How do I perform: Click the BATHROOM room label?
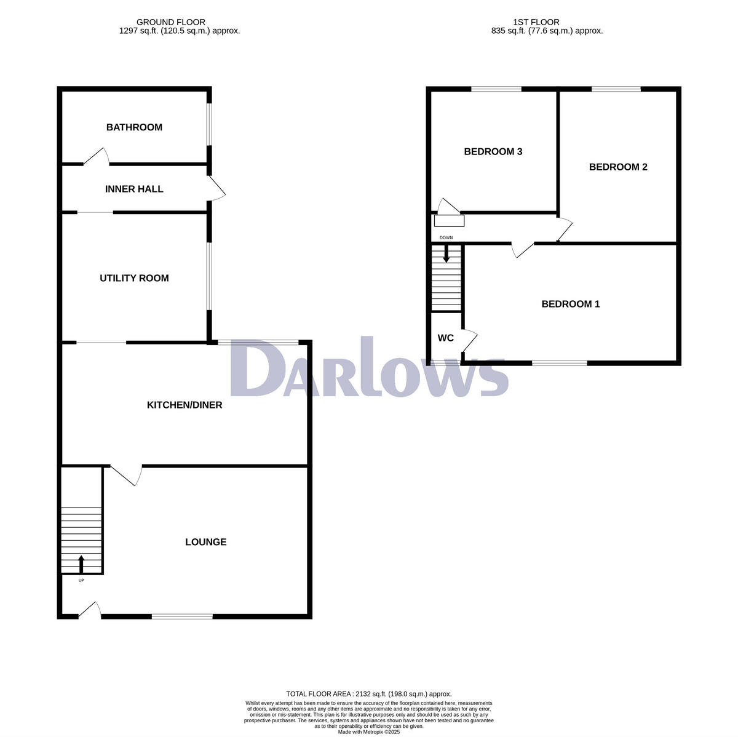click(134, 127)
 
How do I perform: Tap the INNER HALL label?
click(134, 189)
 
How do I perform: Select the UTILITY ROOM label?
click(134, 278)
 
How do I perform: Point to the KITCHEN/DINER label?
click(184, 405)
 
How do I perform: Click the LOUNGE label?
click(206, 542)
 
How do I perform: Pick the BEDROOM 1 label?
click(570, 304)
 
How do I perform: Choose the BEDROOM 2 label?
click(618, 167)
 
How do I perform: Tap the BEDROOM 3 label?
click(493, 151)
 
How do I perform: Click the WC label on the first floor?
click(445, 338)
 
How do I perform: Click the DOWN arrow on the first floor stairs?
click(446, 253)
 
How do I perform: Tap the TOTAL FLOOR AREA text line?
click(368, 693)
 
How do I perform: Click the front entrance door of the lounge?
click(90, 609)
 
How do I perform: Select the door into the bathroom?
click(97, 156)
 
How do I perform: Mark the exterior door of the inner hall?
click(217, 188)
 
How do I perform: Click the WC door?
click(470, 340)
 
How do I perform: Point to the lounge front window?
click(182, 616)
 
